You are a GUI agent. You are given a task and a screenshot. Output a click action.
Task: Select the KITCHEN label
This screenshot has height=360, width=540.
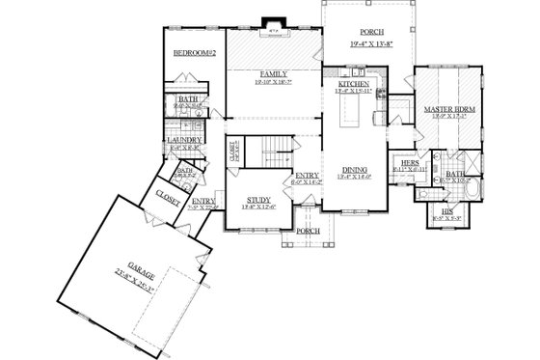[353, 85]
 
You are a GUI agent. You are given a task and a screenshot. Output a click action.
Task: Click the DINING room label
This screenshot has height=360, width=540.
[354, 171]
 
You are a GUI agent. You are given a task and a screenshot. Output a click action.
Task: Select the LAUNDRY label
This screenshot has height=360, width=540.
[183, 140]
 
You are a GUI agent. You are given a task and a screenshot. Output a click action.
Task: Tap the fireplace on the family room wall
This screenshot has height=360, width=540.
[272, 30]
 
